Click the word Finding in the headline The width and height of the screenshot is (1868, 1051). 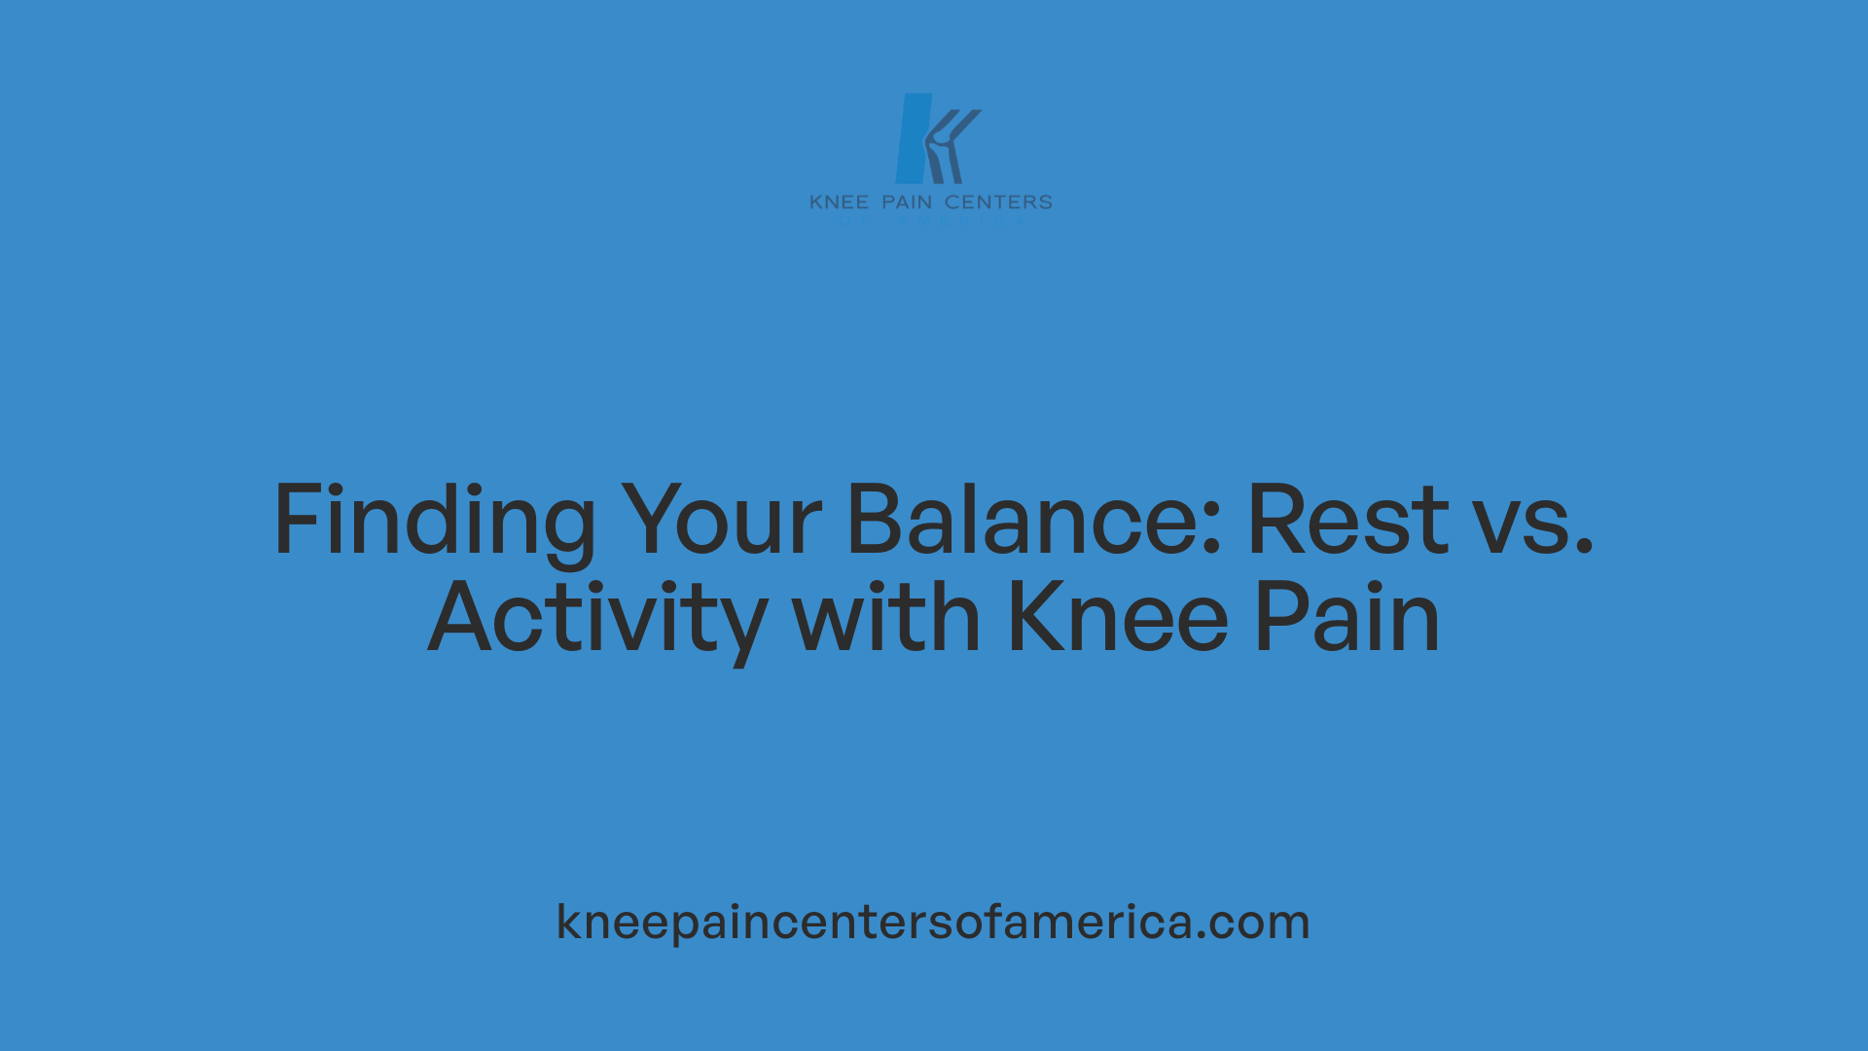434,521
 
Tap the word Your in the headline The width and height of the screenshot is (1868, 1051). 721,521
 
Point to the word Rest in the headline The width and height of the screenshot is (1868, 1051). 1347,521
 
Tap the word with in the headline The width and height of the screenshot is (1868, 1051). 886,617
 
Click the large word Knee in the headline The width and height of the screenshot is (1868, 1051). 1118,617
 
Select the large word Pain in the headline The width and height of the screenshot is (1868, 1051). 1347,617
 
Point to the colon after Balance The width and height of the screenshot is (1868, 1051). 1212,530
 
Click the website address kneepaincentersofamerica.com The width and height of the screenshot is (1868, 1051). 933,922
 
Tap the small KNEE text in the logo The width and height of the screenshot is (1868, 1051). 839,202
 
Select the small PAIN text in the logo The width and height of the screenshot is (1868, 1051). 907,202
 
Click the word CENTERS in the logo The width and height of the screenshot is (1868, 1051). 998,202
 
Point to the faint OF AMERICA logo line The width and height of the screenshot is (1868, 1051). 931,221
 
